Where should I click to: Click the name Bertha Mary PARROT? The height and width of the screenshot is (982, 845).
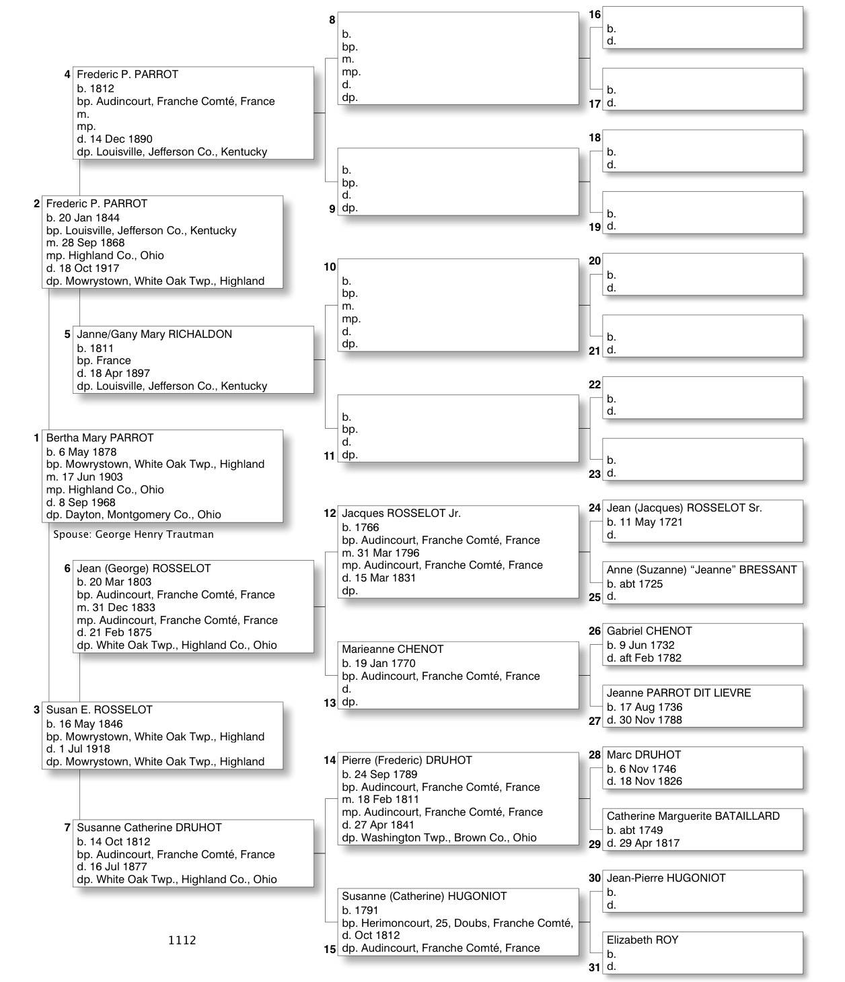pos(100,438)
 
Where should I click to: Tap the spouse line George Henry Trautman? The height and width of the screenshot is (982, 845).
pos(133,534)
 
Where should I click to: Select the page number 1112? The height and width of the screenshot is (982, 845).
pos(182,940)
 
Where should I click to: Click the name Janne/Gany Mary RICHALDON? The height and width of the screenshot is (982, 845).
pos(154,335)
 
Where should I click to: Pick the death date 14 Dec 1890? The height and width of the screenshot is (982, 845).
pos(121,139)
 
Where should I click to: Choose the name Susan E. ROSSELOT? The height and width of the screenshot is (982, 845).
pos(99,710)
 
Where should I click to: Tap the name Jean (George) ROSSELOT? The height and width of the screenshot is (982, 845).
pos(143,569)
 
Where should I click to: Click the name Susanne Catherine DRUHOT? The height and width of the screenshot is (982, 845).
pos(149,828)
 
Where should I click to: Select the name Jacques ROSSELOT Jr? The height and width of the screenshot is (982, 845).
pos(401,514)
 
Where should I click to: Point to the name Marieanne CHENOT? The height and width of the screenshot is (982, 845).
pos(392,650)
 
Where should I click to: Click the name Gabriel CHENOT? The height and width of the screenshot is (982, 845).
pos(649,631)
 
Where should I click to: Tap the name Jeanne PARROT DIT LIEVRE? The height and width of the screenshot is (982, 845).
pos(678,693)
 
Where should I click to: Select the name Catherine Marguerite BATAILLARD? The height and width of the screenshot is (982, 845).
pos(693,816)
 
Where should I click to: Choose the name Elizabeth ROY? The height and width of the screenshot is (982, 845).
pos(642,940)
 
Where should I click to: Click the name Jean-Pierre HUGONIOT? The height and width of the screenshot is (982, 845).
pos(665,878)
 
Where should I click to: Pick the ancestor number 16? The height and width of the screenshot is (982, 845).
pos(595,15)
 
